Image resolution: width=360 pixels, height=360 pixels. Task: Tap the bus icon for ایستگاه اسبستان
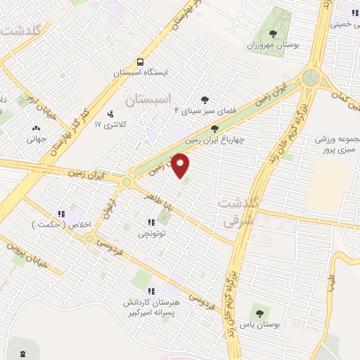point(140,61)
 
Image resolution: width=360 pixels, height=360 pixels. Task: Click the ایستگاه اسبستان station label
point(141,72)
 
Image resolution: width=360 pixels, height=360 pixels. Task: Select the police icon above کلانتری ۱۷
point(110,113)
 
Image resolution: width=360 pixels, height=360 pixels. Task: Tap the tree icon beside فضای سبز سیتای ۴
point(205,100)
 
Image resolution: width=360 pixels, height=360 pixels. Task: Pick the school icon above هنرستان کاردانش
point(150,290)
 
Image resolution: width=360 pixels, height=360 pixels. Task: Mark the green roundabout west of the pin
point(127,182)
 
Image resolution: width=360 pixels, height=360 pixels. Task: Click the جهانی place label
point(36,139)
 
